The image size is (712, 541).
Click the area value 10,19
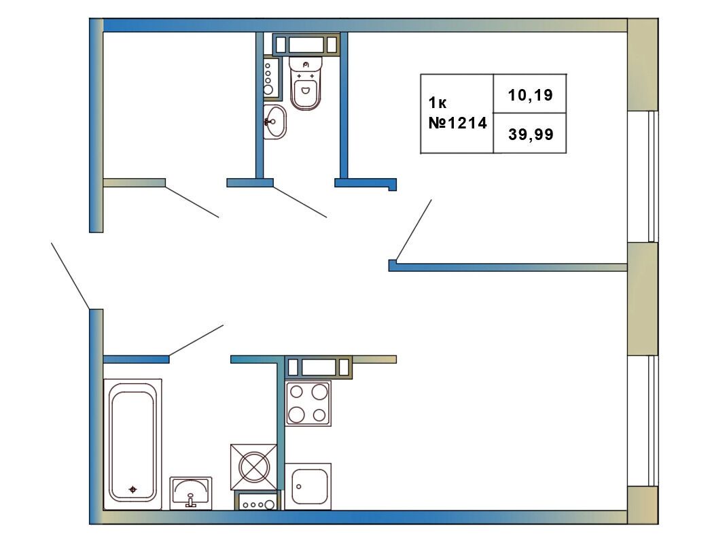pyautogui.click(x=530, y=95)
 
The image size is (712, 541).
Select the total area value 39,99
pyautogui.click(x=531, y=135)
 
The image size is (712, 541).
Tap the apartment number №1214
pyautogui.click(x=458, y=122)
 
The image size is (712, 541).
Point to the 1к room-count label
pyautogui.click(x=438, y=103)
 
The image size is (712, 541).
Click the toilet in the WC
pyautogui.click(x=306, y=84)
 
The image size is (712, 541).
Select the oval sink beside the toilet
pyautogui.click(x=274, y=122)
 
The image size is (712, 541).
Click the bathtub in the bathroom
pyautogui.click(x=132, y=444)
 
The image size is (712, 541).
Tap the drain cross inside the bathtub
pyautogui.click(x=132, y=489)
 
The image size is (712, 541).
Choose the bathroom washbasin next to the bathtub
pyautogui.click(x=191, y=493)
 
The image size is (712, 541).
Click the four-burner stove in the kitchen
pyautogui.click(x=308, y=403)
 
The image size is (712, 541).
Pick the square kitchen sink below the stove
pyautogui.click(x=308, y=487)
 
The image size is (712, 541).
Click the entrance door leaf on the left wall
pyautogui.click(x=71, y=276)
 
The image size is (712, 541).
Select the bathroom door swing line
pyautogui.click(x=196, y=341)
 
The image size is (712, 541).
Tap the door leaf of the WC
pyautogui.click(x=300, y=202)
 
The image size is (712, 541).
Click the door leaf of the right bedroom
pyautogui.click(x=414, y=230)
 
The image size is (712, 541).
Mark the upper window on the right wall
pyautogui.click(x=643, y=176)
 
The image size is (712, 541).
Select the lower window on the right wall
pyautogui.click(x=643, y=421)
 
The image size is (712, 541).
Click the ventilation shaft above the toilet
pyautogui.click(x=306, y=44)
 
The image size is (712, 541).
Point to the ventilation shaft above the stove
pyautogui.click(x=319, y=367)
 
